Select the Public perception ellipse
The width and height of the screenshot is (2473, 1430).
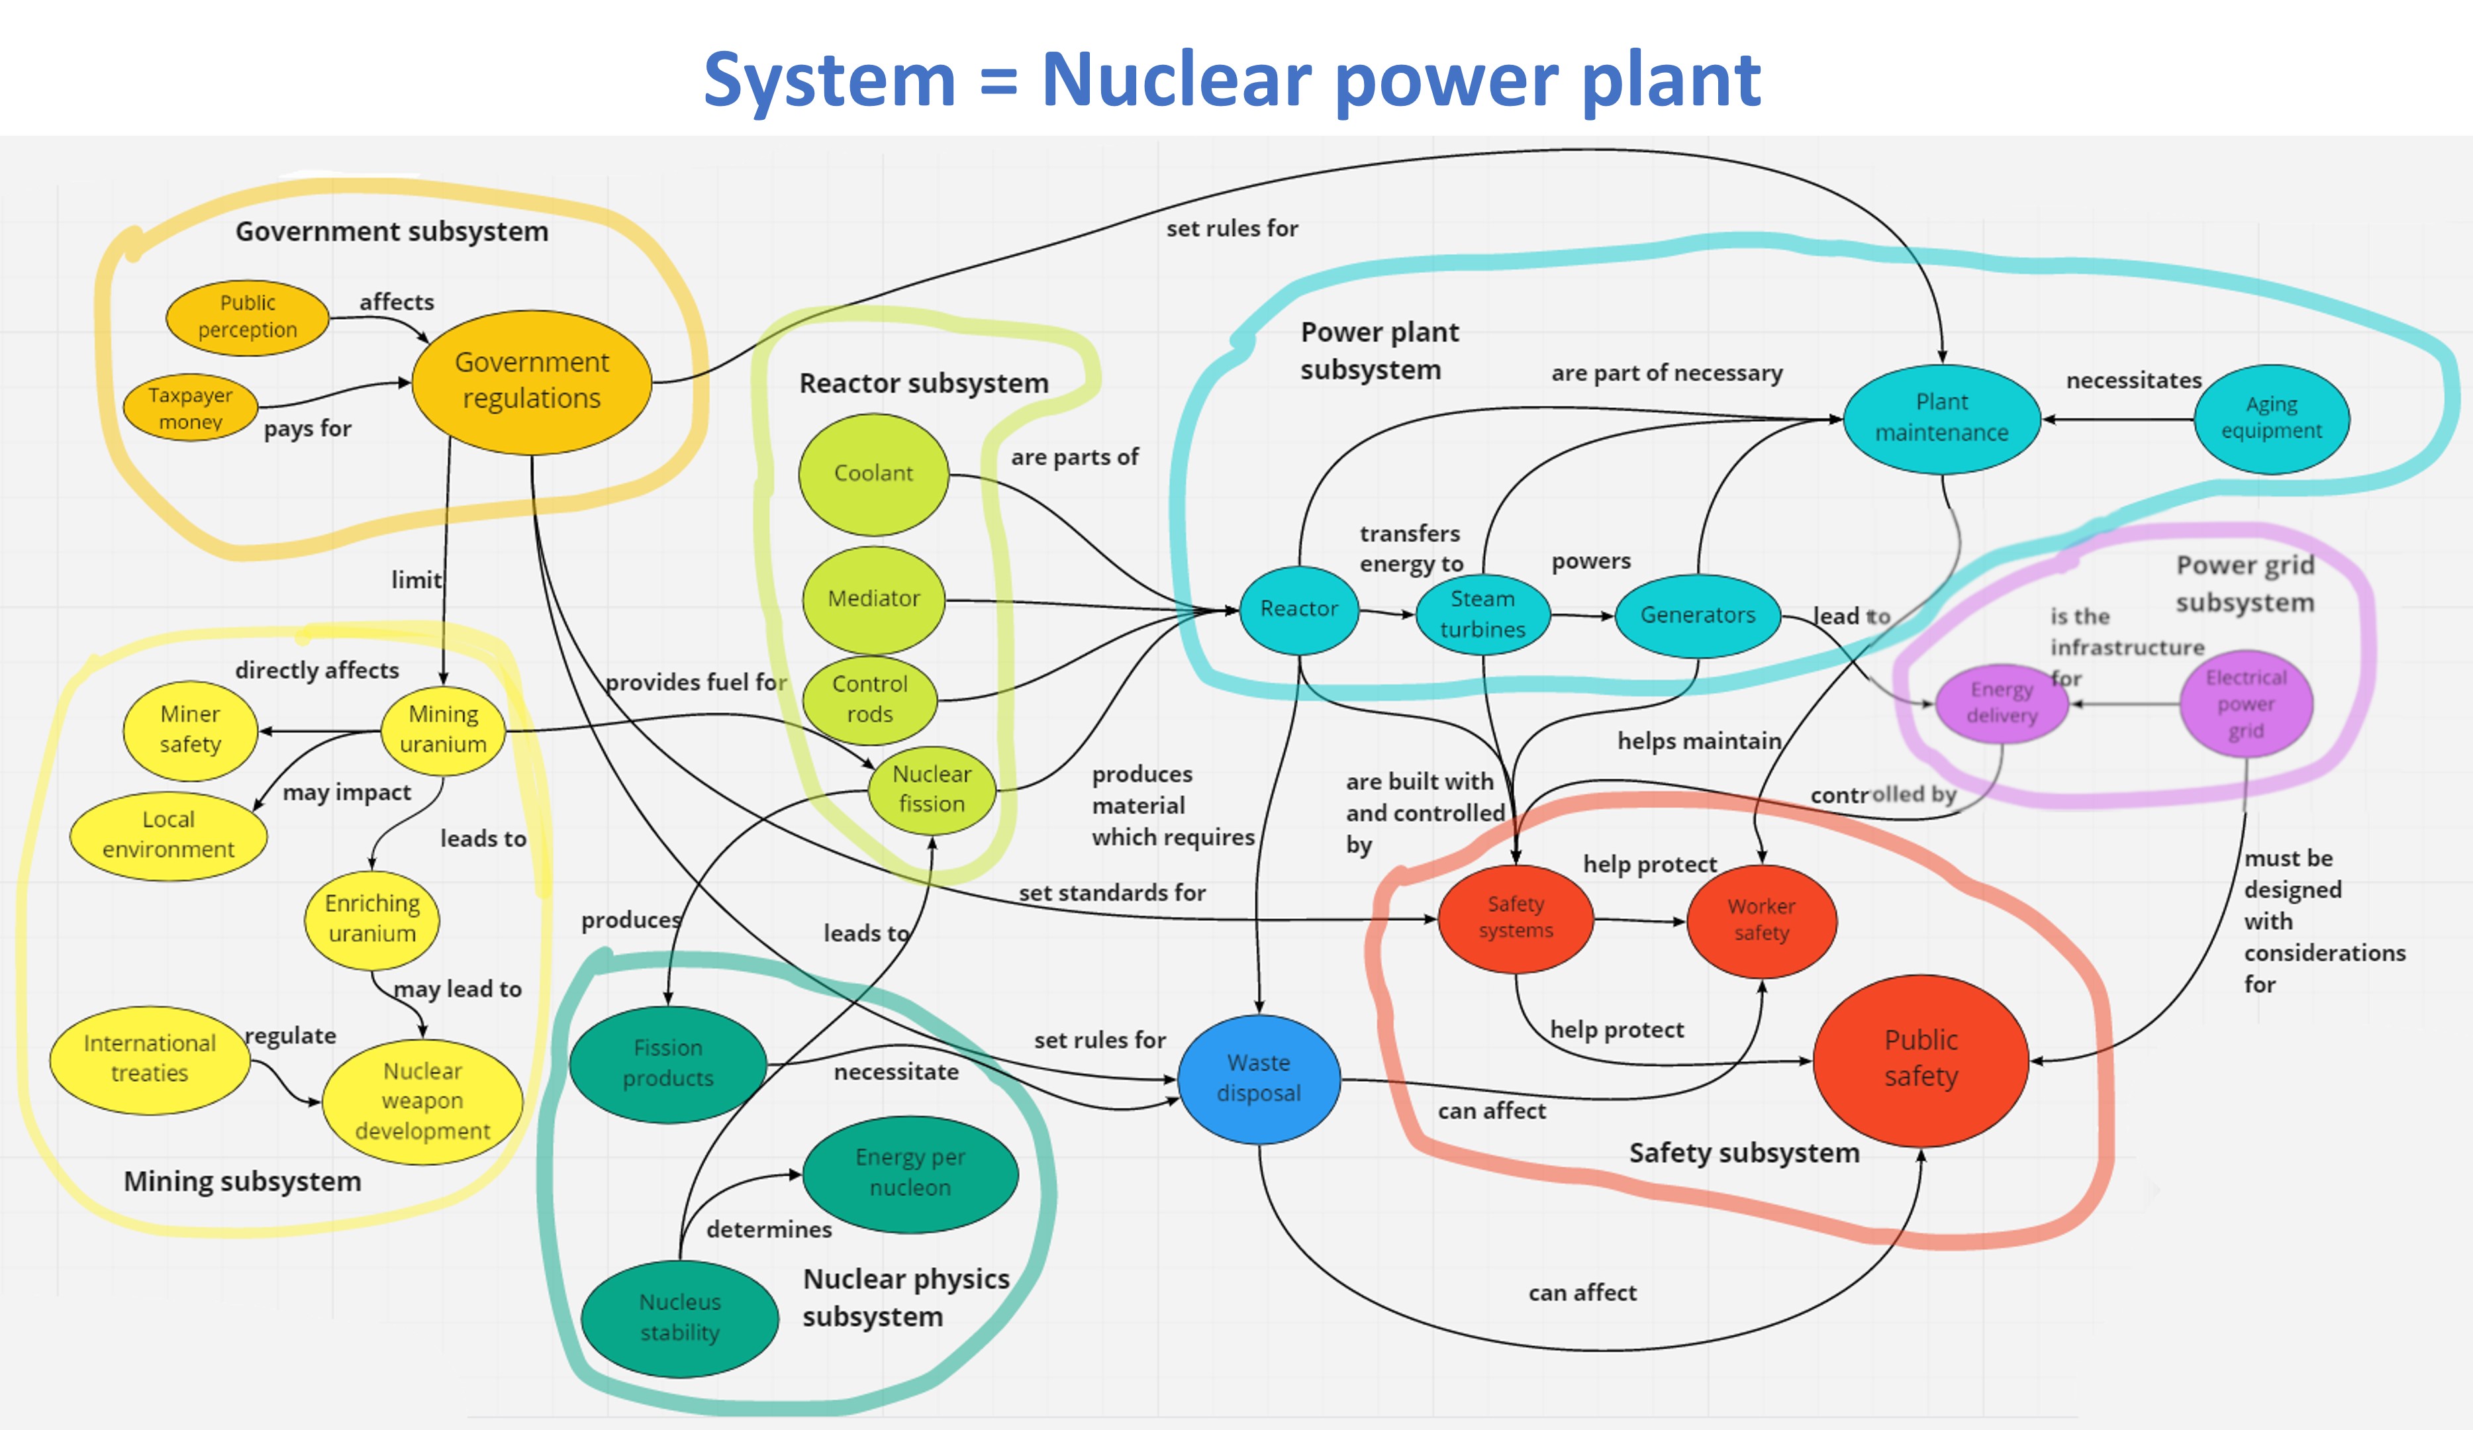tap(248, 317)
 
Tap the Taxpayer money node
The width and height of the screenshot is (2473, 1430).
tap(191, 408)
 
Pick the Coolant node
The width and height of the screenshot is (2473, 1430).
tap(873, 474)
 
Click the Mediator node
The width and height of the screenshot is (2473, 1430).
tap(873, 598)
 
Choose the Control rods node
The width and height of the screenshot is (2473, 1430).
tap(869, 699)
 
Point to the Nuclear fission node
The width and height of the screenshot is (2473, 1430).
tap(932, 789)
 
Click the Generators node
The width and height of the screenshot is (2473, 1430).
tap(1698, 616)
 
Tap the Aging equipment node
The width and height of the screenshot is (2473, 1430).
tap(2271, 418)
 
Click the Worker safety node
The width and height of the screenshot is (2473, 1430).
tap(1761, 920)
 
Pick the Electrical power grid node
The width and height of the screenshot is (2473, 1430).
tap(2245, 704)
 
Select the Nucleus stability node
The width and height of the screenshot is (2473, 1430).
tap(679, 1317)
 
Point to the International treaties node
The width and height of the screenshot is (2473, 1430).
tap(149, 1059)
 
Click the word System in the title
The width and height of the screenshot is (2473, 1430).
tap(829, 81)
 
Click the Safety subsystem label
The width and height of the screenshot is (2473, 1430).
tap(1744, 1153)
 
